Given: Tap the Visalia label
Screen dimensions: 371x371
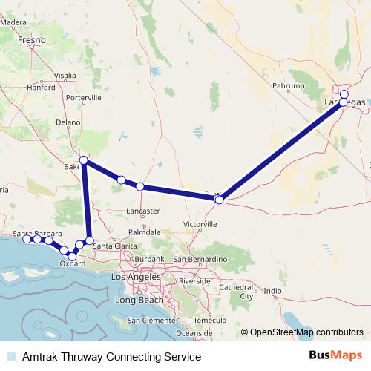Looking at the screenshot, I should coord(64,76).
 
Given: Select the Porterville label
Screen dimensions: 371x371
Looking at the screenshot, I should coord(82,98).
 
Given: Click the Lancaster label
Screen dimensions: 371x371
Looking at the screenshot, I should coord(144,211).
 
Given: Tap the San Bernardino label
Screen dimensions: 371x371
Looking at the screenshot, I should coord(197,259).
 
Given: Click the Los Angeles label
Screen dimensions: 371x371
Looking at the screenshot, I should coord(134,277).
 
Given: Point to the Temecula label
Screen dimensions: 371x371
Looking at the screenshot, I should coord(209,321).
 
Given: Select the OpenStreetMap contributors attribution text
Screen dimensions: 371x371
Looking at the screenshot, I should coord(306,332).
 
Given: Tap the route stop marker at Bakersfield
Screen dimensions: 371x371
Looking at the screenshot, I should coord(84,160).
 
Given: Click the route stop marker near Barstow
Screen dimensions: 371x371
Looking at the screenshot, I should coord(219,199).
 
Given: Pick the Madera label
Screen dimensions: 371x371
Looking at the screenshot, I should coord(13,22).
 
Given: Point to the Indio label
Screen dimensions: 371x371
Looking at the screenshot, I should coord(273,290).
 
